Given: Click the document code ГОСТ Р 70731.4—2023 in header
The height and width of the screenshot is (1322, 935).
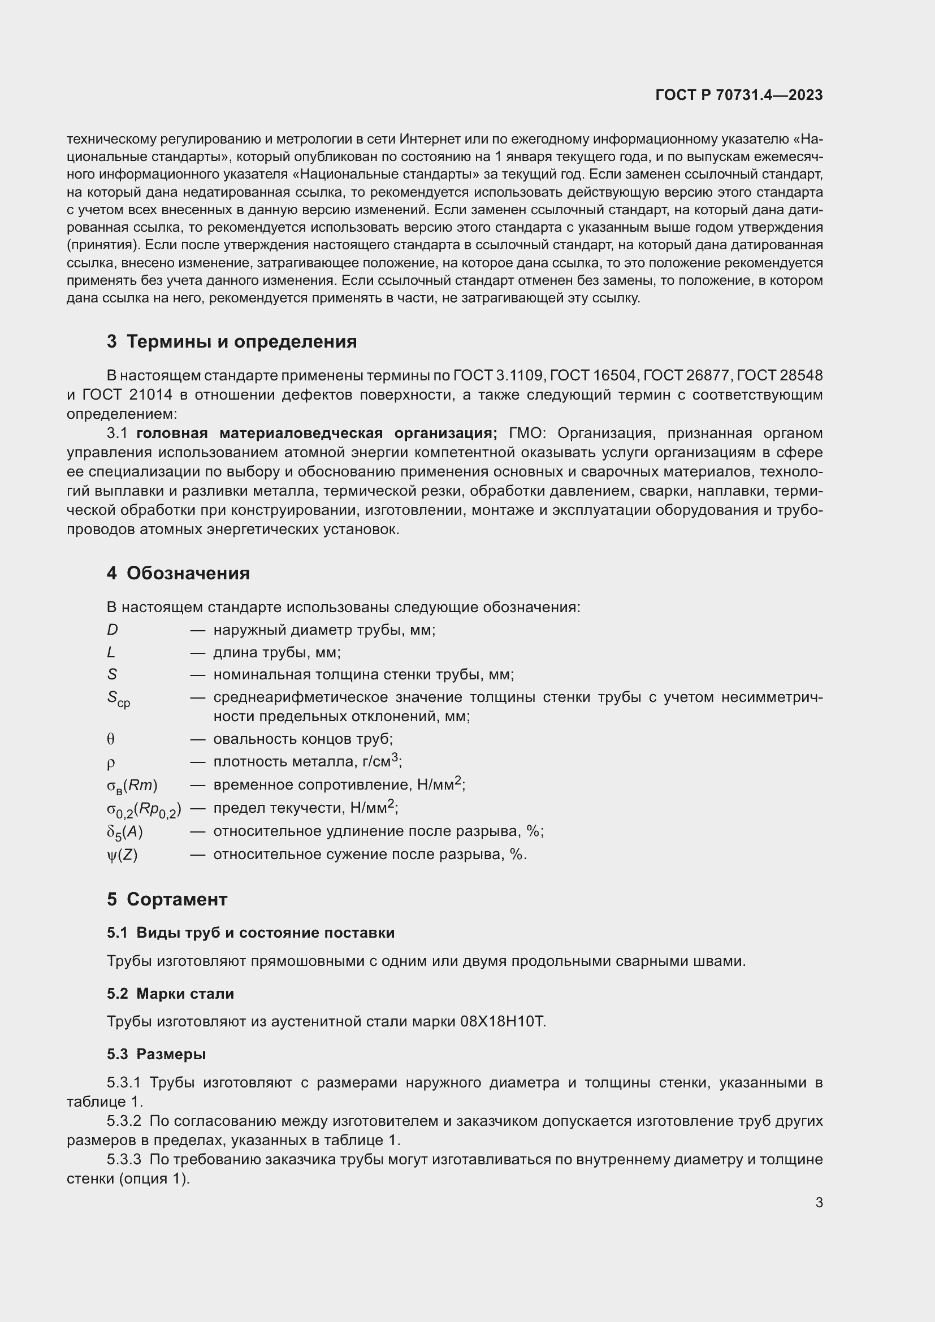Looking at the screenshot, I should tap(739, 95).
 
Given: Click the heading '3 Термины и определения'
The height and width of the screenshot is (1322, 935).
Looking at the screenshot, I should tap(231, 341).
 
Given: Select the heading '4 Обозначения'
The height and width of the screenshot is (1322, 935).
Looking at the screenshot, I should tap(178, 573).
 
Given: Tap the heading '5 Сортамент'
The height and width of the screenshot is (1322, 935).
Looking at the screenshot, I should tap(167, 899).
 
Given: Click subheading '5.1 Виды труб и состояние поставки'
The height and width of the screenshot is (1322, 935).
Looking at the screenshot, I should tap(250, 933).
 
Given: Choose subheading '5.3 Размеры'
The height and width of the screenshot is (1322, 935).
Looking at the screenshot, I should tap(156, 1054).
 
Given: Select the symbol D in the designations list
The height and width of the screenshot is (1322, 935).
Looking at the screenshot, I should tap(112, 630).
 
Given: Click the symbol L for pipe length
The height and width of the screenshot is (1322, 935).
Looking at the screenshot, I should tap(111, 652).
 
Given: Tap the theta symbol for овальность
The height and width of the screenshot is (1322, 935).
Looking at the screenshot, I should tap(111, 739).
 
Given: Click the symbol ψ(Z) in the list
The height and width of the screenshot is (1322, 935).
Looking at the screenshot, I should tap(122, 855).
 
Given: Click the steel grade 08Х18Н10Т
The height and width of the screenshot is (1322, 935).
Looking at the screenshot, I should tap(502, 1021).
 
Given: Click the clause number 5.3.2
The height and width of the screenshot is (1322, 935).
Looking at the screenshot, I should tap(124, 1121).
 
